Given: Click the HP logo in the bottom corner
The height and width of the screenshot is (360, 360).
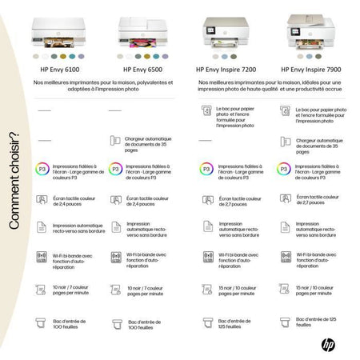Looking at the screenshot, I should pos(328,345).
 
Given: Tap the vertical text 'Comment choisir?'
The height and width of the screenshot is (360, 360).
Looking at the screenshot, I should pos(14,186).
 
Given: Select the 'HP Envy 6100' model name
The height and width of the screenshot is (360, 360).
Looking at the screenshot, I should pos(55,69).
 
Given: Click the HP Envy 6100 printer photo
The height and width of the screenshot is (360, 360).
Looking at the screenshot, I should pos(54,31).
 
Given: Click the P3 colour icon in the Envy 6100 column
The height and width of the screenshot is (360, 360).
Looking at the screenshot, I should pos(41,170).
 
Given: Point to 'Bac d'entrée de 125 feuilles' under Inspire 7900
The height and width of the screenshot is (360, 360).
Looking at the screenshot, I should pos(316,322).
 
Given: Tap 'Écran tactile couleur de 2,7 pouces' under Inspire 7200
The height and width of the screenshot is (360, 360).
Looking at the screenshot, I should pos(238,199).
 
